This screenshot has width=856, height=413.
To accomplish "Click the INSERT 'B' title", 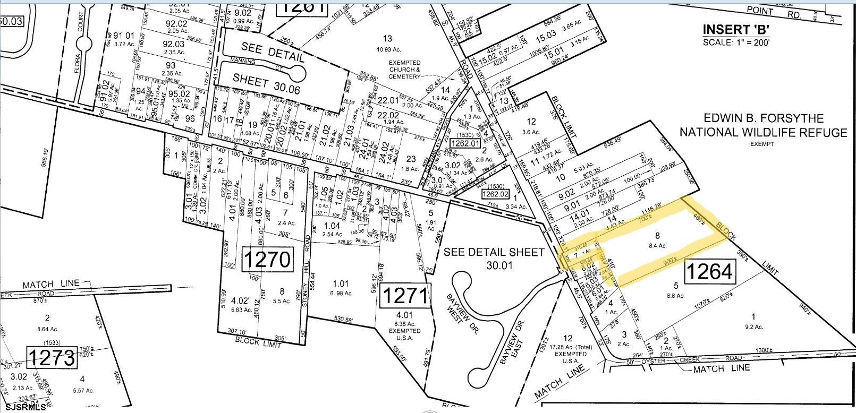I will coord(736,30).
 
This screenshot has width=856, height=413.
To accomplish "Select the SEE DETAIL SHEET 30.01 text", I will coord(495,258).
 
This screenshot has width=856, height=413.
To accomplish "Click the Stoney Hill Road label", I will coord(307,265).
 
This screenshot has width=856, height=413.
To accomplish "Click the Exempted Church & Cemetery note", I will coord(406,69).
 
